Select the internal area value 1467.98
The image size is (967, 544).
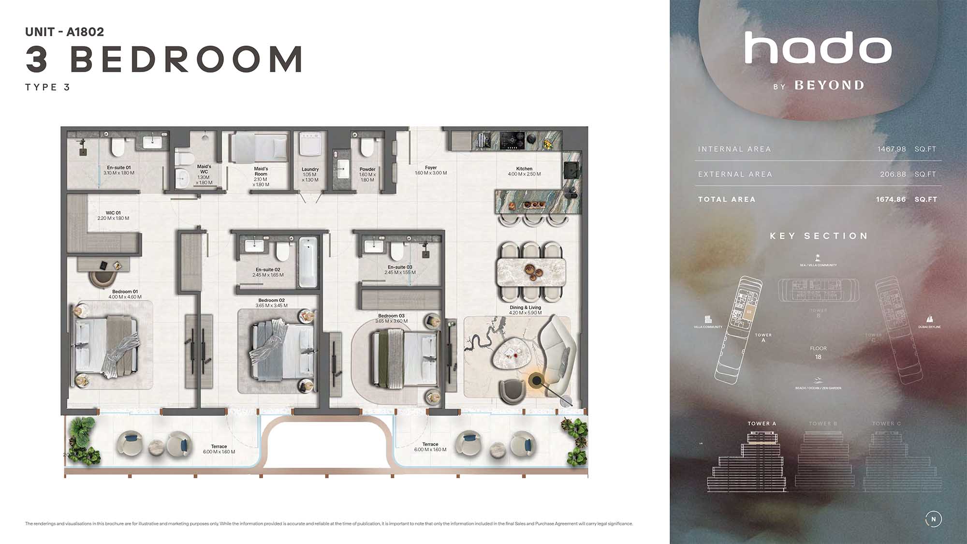click(x=892, y=149)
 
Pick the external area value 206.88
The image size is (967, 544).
click(x=893, y=174)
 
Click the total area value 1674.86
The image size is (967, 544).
click(x=891, y=199)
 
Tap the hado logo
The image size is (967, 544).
click(x=818, y=48)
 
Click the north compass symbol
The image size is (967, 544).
click(x=933, y=519)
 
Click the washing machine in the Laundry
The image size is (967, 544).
click(x=310, y=143)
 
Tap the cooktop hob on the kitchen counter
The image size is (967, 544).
click(x=513, y=140)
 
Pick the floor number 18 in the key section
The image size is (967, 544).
click(x=818, y=357)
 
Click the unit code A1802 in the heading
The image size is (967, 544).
click(x=85, y=32)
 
